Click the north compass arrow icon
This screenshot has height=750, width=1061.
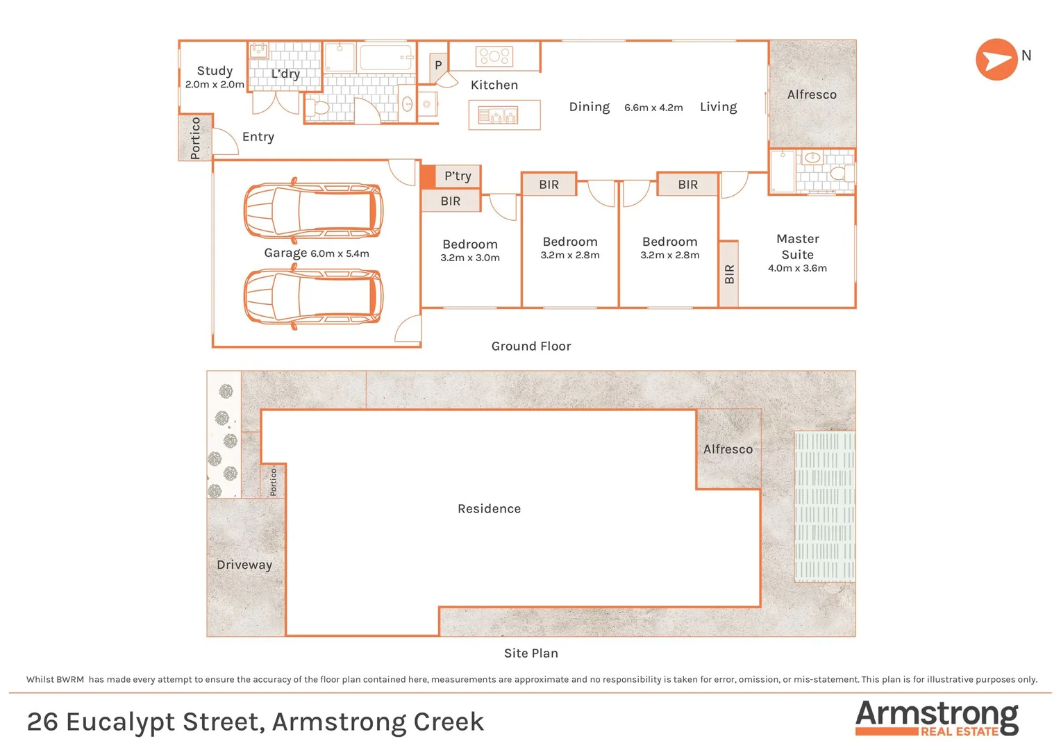[996, 60]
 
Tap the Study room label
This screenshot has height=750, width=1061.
[215, 71]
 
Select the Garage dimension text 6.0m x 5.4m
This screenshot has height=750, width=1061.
[340, 254]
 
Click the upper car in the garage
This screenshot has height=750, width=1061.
[312, 211]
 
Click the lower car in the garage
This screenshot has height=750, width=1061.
[312, 297]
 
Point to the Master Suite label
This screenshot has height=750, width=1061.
[797, 247]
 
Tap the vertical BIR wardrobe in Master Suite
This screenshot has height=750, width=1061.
[728, 274]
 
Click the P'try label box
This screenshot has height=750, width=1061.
[458, 176]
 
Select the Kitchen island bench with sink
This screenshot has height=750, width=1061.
[504, 115]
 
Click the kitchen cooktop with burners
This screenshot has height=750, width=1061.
[494, 56]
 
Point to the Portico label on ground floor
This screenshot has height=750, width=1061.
[195, 137]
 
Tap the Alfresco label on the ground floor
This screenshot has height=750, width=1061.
[811, 94]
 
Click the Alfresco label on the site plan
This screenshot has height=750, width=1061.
[728, 449]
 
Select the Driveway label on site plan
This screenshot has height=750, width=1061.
[244, 565]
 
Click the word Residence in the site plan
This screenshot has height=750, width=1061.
[489, 509]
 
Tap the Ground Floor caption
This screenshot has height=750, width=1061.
[531, 346]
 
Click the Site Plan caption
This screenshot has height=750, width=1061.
[531, 653]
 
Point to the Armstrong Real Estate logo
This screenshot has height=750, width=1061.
[937, 718]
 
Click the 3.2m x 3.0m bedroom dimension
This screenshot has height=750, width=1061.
[470, 258]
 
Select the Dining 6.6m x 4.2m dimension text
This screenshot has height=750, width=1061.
[653, 108]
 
